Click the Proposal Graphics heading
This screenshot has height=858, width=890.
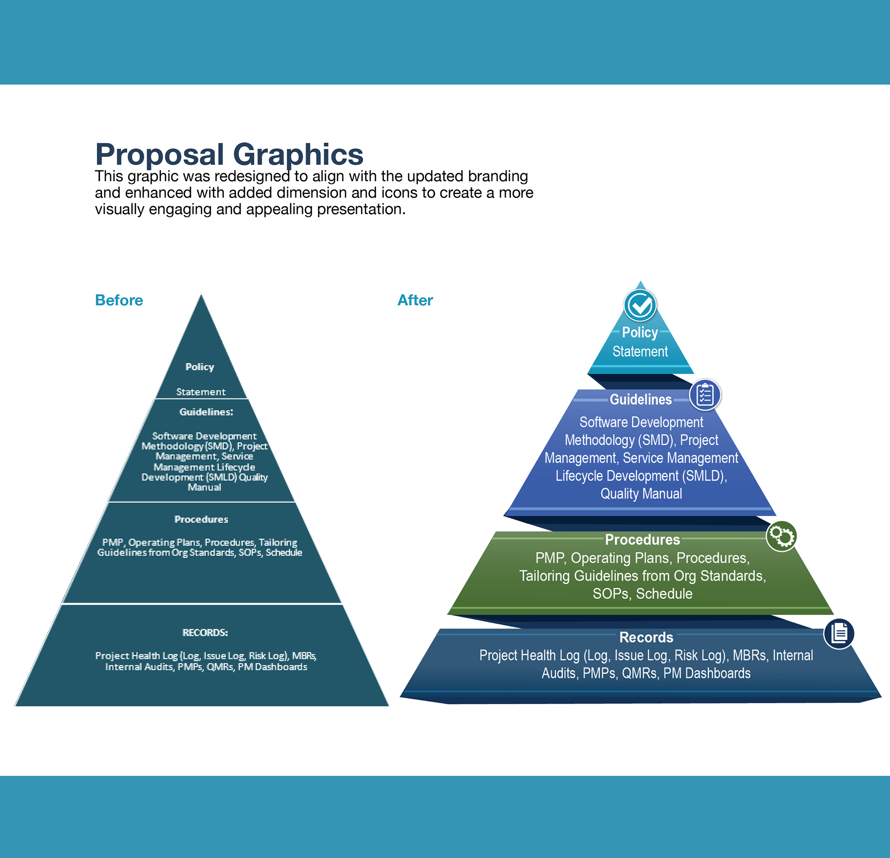(x=229, y=154)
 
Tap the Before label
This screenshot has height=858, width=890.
(x=119, y=300)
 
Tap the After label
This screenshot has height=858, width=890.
(x=415, y=300)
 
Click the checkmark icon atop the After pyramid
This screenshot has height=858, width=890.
(x=640, y=305)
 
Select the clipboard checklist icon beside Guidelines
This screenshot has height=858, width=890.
(x=705, y=395)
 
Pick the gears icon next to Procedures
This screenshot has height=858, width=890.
(x=782, y=536)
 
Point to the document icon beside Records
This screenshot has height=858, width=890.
(x=839, y=633)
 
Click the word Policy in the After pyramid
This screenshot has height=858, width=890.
(x=640, y=332)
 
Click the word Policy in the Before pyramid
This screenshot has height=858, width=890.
(x=200, y=367)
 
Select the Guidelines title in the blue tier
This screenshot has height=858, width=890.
(x=641, y=399)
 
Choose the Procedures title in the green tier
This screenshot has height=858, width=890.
(x=642, y=540)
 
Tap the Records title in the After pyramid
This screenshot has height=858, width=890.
(x=646, y=637)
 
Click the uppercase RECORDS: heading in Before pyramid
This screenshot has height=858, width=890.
(x=205, y=633)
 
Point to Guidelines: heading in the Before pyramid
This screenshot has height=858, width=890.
(x=206, y=412)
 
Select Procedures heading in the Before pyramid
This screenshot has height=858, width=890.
(x=201, y=519)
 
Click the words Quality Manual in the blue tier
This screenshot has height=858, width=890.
(x=641, y=494)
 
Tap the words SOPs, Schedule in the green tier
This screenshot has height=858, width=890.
(x=642, y=594)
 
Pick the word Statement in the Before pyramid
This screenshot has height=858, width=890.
(x=201, y=392)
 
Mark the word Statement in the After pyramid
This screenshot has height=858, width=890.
(x=640, y=352)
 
